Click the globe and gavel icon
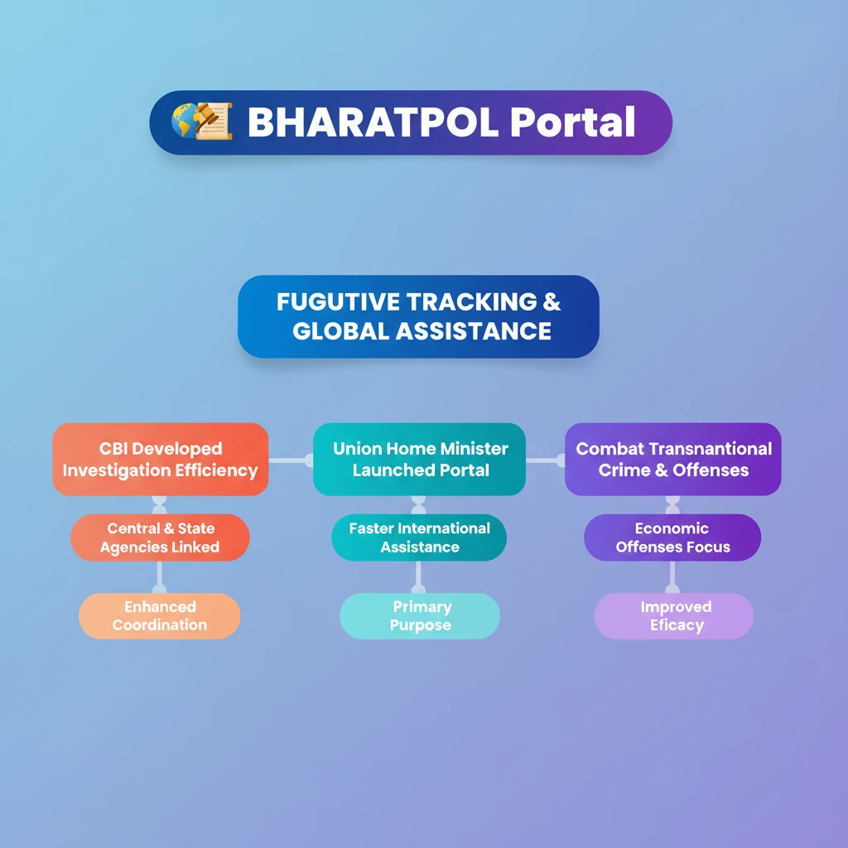[202, 121]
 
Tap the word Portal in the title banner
[573, 122]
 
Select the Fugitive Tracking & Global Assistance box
[418, 316]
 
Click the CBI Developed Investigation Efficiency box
[161, 459]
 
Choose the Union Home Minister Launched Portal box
[420, 459]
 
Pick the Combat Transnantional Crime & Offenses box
[672, 459]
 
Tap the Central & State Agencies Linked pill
[160, 537]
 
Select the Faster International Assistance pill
[419, 537]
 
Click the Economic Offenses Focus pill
[672, 537]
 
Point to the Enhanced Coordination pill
[160, 616]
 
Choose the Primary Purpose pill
[420, 616]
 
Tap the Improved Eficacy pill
[674, 616]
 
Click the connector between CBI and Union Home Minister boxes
[291, 460]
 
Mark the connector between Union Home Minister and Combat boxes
[545, 460]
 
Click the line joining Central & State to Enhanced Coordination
[160, 577]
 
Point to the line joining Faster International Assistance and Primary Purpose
[418, 577]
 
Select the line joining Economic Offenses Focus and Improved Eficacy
[672, 577]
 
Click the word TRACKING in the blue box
[470, 301]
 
